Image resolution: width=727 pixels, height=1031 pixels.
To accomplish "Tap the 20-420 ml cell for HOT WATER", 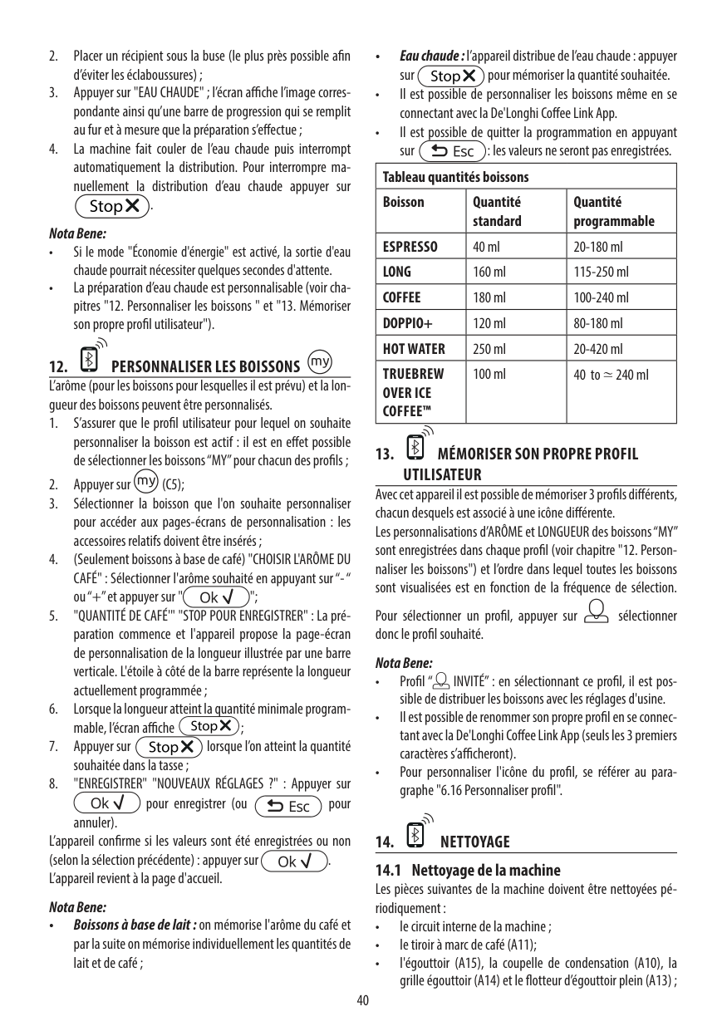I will (598, 348).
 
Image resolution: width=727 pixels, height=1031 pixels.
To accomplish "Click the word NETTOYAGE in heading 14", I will (474, 842).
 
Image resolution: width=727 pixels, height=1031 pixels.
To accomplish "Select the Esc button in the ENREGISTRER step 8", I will (289, 805).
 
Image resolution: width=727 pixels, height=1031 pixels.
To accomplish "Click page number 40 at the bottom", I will (363, 999).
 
